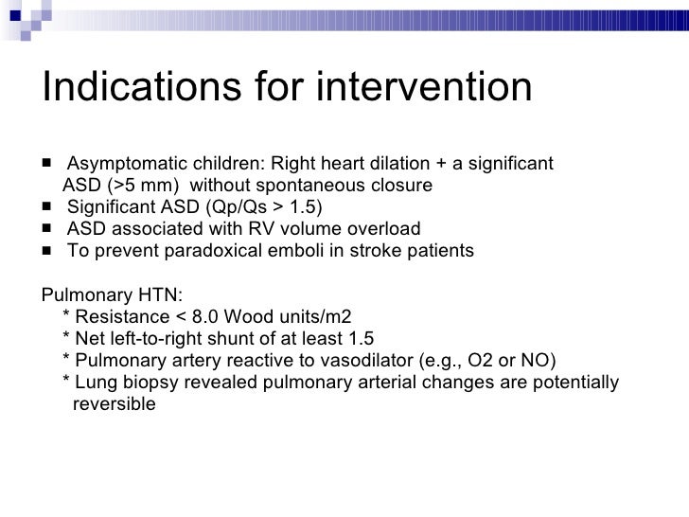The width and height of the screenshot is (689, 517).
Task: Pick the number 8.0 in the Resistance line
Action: coord(202,316)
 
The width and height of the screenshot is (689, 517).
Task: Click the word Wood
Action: coord(242,316)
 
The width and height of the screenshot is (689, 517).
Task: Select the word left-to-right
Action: coord(152,339)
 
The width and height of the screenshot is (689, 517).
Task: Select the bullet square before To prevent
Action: coord(47,252)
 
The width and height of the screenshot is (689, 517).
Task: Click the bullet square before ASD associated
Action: coord(47,229)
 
